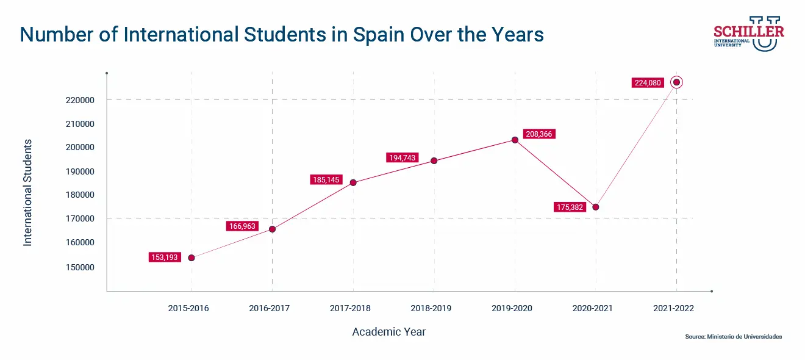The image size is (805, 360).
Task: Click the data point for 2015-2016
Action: [x=191, y=257]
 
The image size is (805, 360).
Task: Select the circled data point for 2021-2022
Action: [x=676, y=82]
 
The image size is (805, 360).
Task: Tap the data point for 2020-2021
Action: [x=596, y=207]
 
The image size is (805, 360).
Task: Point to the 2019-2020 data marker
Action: [x=515, y=140]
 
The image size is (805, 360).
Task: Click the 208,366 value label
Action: [x=538, y=134]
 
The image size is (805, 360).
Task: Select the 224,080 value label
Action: [x=647, y=83]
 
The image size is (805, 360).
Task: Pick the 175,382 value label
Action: [x=570, y=207]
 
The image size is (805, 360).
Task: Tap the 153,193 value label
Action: [x=165, y=257]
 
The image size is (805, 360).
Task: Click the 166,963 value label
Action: [x=242, y=226]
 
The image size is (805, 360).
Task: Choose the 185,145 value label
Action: [x=326, y=180]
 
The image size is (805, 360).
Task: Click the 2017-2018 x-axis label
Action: [x=350, y=308]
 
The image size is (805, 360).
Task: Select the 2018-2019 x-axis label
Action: [x=431, y=308]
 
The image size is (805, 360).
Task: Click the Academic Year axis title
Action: [x=389, y=332]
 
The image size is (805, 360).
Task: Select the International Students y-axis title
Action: [x=27, y=192]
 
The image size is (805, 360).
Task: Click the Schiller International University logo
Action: [x=748, y=34]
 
